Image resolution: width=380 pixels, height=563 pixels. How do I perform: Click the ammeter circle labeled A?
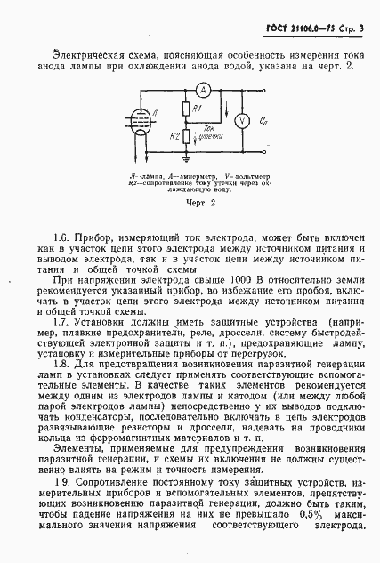pos(202,90)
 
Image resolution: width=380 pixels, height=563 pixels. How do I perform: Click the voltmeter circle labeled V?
pos(241,120)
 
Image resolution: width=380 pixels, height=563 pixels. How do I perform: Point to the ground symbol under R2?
pos(185,159)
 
